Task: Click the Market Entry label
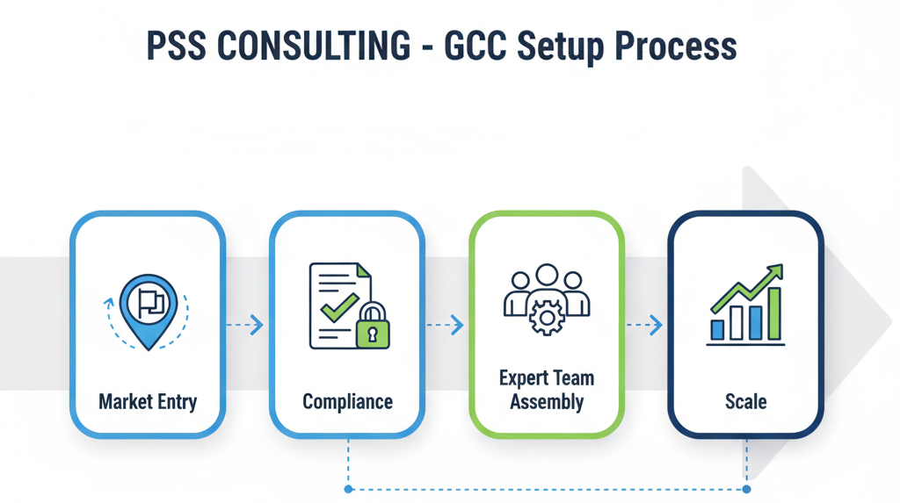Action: pyautogui.click(x=148, y=402)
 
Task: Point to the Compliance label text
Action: pyautogui.click(x=347, y=402)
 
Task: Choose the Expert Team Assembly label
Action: pyautogui.click(x=547, y=391)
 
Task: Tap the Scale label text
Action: pyautogui.click(x=745, y=402)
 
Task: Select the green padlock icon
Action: pyautogui.click(x=373, y=328)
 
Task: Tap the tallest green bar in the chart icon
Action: pyautogui.click(x=774, y=313)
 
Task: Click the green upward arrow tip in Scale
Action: pyautogui.click(x=777, y=269)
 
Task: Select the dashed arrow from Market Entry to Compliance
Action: pyautogui.click(x=244, y=325)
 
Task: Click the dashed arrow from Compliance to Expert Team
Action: pyautogui.click(x=445, y=325)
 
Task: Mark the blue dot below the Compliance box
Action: pyautogui.click(x=349, y=489)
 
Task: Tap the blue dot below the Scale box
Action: pyautogui.click(x=746, y=489)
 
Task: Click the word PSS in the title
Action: pyautogui.click(x=176, y=47)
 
